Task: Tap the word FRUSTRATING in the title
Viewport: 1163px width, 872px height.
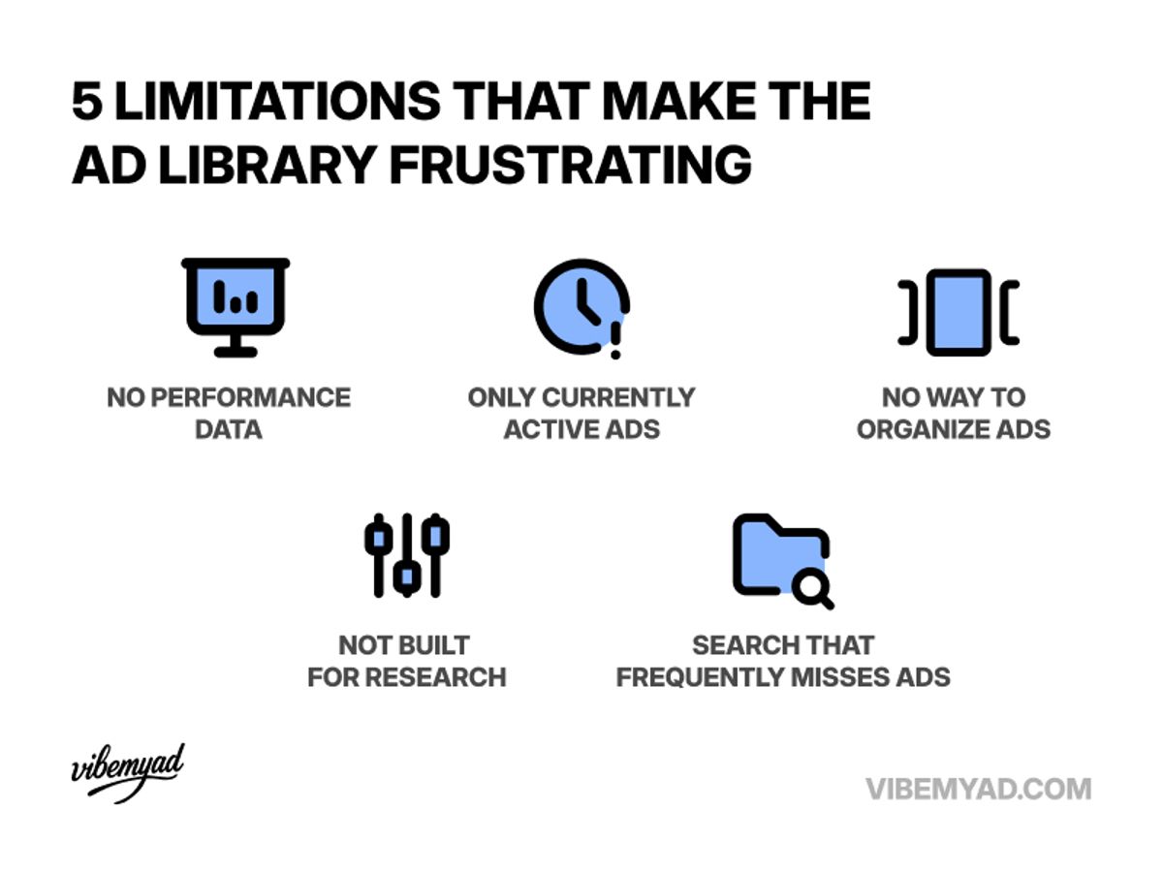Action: tap(571, 166)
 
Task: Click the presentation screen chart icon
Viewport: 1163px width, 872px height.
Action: tap(236, 306)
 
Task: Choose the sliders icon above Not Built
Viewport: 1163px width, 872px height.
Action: tap(407, 554)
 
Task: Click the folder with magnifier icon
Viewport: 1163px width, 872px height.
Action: tap(781, 560)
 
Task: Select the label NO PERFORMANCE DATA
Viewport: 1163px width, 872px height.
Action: tap(229, 413)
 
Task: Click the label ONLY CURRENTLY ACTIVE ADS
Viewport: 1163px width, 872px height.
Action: tap(581, 413)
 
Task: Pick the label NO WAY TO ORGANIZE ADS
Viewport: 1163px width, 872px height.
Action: tap(954, 413)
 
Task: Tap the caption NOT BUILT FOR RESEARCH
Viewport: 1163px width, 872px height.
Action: tap(407, 661)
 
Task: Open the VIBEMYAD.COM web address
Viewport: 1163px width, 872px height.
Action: tap(978, 788)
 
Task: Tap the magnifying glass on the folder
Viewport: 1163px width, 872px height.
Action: tap(811, 587)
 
